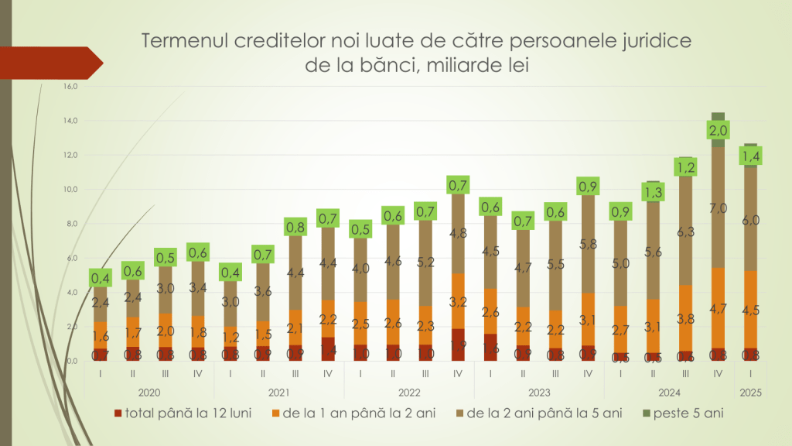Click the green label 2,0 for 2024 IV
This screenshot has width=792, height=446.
click(x=718, y=130)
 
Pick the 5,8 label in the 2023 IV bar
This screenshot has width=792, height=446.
click(x=588, y=243)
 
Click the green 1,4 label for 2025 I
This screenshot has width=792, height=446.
click(x=750, y=157)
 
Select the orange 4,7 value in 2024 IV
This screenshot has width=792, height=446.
click(x=718, y=308)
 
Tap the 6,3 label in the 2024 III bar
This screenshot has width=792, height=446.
click(x=685, y=231)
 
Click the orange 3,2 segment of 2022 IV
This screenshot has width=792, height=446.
click(x=458, y=301)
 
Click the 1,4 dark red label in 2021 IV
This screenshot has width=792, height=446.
click(x=328, y=350)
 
